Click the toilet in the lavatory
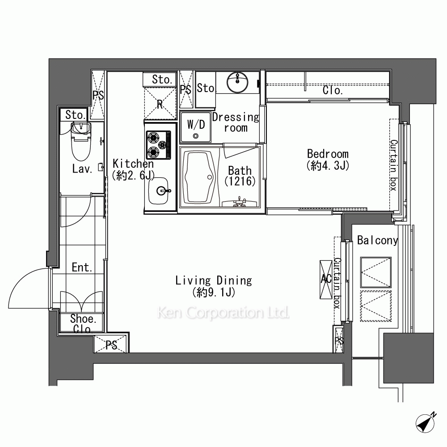[x=81, y=141]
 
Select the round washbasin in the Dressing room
[x=237, y=83]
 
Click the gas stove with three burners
[x=159, y=145]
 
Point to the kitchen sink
[x=159, y=190]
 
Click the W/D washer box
[x=196, y=127]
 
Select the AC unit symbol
[x=326, y=279]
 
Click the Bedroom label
[x=328, y=154]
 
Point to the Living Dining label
[x=214, y=281]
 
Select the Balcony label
[x=377, y=240]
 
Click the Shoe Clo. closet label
[x=83, y=324]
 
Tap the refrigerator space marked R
[x=160, y=104]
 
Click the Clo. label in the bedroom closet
[x=333, y=90]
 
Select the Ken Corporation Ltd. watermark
[x=223, y=313]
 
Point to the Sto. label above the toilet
[x=76, y=115]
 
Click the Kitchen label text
[x=133, y=164]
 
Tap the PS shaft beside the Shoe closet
[x=110, y=344]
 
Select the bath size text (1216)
[x=240, y=181]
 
